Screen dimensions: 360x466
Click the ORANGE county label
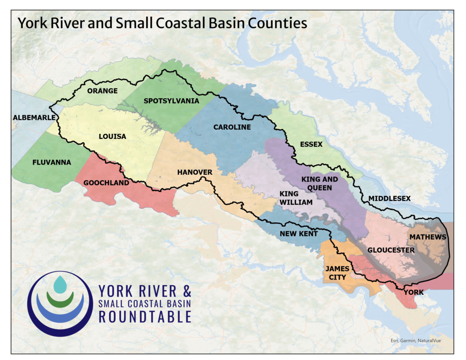click(x=102, y=91)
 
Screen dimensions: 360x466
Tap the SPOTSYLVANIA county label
click(x=171, y=101)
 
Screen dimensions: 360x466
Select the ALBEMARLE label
click(x=34, y=117)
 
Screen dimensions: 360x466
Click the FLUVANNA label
click(x=51, y=162)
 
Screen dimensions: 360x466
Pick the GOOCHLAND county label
click(x=106, y=183)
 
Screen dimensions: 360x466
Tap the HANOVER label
click(x=195, y=172)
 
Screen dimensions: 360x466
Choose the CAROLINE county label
click(x=232, y=127)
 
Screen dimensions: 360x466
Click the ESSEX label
click(x=311, y=145)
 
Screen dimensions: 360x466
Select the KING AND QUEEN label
click(x=320, y=183)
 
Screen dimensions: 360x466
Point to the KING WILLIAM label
click(x=296, y=198)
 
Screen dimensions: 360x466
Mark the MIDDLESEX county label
click(x=390, y=198)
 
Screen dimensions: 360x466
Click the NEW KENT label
click(x=299, y=233)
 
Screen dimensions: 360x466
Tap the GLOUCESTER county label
click(x=391, y=250)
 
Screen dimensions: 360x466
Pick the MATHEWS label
click(x=428, y=237)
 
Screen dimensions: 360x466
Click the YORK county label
click(x=414, y=292)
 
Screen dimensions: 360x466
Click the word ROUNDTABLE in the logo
click(x=145, y=316)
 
